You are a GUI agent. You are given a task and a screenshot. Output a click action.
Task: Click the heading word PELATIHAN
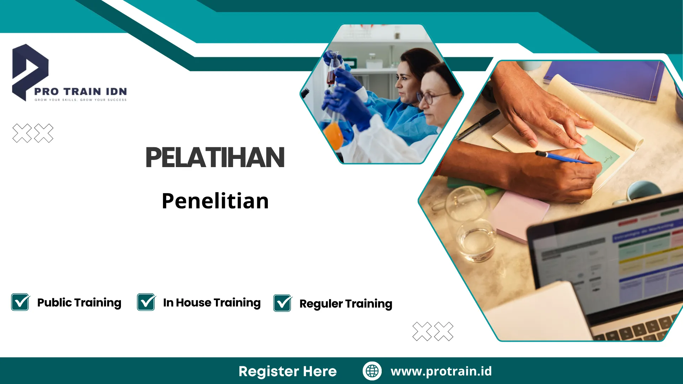tap(215, 158)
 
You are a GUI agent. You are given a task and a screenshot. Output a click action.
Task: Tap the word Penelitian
tap(215, 201)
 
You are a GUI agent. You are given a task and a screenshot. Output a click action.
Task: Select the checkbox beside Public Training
tap(20, 302)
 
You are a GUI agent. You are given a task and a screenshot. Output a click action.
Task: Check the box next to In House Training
tap(146, 302)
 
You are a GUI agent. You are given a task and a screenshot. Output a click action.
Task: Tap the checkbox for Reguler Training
tap(282, 303)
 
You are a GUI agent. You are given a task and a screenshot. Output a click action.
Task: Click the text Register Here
tap(287, 371)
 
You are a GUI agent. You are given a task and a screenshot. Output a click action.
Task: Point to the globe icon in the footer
tap(372, 371)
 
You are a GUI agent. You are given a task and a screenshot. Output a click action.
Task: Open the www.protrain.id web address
tap(441, 371)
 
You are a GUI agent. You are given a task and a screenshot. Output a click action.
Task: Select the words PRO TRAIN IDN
tap(80, 92)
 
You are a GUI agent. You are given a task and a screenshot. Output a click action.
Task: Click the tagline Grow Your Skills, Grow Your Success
tap(80, 100)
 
